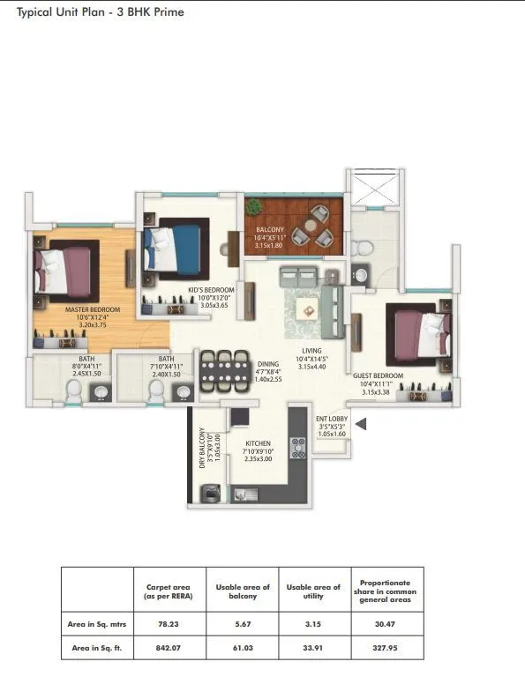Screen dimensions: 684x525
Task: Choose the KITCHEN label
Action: (x=259, y=443)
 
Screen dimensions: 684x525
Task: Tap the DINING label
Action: (x=268, y=363)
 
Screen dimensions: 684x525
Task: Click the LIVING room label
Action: (x=311, y=351)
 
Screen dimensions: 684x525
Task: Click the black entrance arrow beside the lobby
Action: (x=360, y=425)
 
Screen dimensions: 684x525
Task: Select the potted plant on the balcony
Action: (x=255, y=208)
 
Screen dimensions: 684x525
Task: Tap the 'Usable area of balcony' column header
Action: (x=242, y=591)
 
